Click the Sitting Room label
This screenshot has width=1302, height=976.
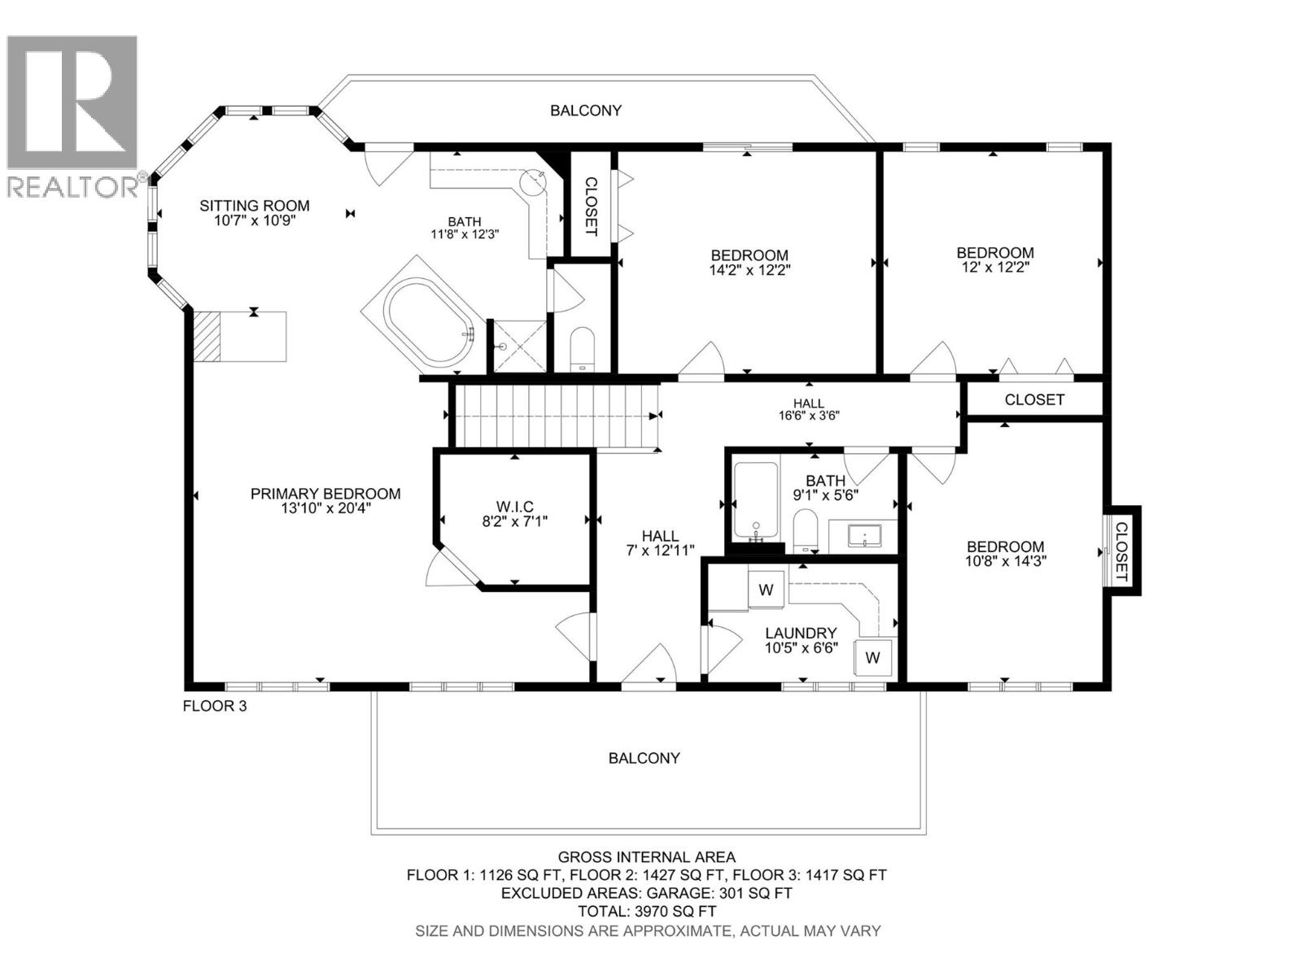click(x=254, y=206)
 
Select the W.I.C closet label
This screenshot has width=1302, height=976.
click(x=514, y=507)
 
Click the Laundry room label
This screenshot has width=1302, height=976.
click(x=801, y=633)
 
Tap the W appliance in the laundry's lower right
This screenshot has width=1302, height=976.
click(x=872, y=657)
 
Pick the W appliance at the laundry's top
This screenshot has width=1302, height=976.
click(x=766, y=589)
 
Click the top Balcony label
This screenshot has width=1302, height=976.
click(x=585, y=111)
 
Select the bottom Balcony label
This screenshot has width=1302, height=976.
click(x=644, y=758)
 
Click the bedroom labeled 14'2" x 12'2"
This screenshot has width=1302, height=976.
click(x=749, y=261)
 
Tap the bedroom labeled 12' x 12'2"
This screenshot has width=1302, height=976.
click(x=994, y=259)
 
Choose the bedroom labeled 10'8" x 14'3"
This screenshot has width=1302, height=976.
click(x=1005, y=553)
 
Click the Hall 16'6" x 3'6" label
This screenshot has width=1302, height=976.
click(x=808, y=408)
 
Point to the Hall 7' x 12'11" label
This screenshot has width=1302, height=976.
click(x=660, y=542)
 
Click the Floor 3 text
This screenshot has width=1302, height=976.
click(x=214, y=706)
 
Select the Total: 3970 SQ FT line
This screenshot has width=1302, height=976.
click(x=646, y=911)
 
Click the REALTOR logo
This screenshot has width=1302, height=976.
click(x=73, y=114)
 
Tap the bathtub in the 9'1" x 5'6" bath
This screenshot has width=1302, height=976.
click(x=756, y=499)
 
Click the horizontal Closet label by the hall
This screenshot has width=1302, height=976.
click(x=1033, y=400)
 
